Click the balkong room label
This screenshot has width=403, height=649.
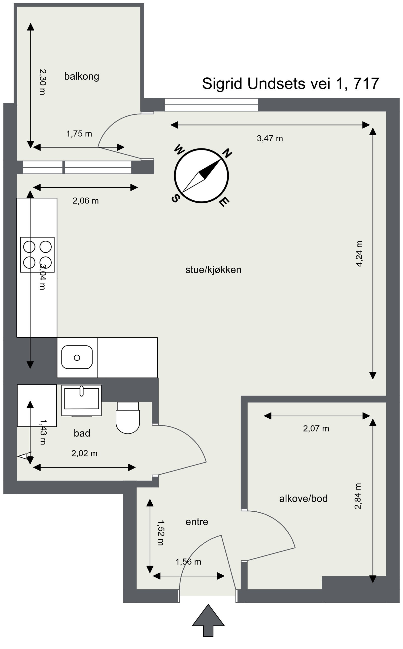pyautogui.click(x=82, y=77)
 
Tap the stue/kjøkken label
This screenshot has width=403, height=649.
pyautogui.click(x=213, y=270)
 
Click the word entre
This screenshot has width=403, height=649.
pyautogui.click(x=197, y=521)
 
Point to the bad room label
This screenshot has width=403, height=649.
pyautogui.click(x=82, y=433)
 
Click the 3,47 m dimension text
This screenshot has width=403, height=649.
pyautogui.click(x=270, y=138)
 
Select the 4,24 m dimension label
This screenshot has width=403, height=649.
pyautogui.click(x=359, y=254)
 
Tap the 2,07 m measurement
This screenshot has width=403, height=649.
pyautogui.click(x=316, y=429)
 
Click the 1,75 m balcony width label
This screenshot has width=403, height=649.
pyautogui.click(x=79, y=134)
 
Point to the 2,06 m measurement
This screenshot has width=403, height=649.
pyautogui.click(x=86, y=201)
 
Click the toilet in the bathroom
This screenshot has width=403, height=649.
pyautogui.click(x=128, y=418)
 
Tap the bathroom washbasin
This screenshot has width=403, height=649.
pyautogui.click(x=82, y=399)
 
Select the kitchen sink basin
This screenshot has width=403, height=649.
pyautogui.click(x=77, y=357)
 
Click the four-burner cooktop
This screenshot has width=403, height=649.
pyautogui.click(x=37, y=254)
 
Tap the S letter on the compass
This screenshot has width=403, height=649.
pyautogui.click(x=175, y=199)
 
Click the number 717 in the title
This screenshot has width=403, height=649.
pyautogui.click(x=366, y=83)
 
